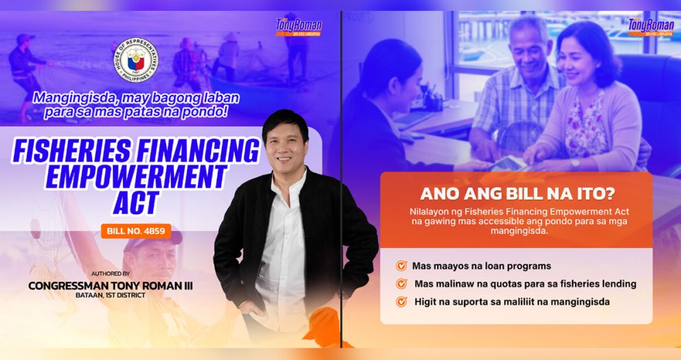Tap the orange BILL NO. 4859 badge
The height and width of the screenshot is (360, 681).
[135, 231]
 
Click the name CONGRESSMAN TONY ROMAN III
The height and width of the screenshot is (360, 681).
[110, 285]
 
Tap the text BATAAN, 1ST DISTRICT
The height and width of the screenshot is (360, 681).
[110, 295]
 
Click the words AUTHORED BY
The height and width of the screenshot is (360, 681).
[110, 273]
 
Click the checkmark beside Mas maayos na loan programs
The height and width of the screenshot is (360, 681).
[401, 266]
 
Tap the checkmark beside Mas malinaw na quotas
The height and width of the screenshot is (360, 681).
[401, 284]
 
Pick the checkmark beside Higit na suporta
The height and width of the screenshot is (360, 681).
[401, 301]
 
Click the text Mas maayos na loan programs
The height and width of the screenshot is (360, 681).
[481, 266]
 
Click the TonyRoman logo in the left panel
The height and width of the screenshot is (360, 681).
[298, 27]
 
